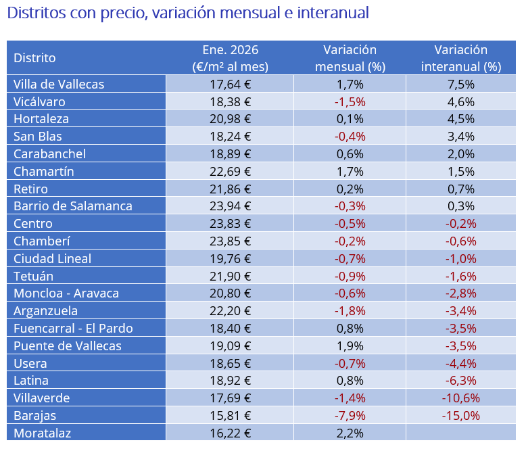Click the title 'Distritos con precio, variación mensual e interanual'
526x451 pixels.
[189, 13]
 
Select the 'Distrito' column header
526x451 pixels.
[34, 58]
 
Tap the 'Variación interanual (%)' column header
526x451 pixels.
[460, 58]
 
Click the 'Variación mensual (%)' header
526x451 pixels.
[350, 58]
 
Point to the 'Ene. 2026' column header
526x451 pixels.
[230, 58]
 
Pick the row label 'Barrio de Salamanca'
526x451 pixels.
[73, 206]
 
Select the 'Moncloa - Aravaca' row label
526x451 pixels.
[66, 293]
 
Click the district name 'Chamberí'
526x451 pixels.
[42, 241]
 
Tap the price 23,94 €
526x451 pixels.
[230, 206]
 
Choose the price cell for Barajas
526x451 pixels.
[230, 415]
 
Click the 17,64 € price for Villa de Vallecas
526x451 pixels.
[230, 84]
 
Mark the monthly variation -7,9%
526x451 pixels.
[350, 415]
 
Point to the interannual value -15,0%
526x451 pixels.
[460, 415]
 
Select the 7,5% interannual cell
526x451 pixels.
[460, 84]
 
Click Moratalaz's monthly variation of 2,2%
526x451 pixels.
[350, 433]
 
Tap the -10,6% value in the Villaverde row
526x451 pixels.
[460, 398]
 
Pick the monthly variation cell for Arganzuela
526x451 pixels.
[350, 310]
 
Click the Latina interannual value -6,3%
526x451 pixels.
[460, 380]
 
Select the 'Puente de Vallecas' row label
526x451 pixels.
[68, 346]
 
